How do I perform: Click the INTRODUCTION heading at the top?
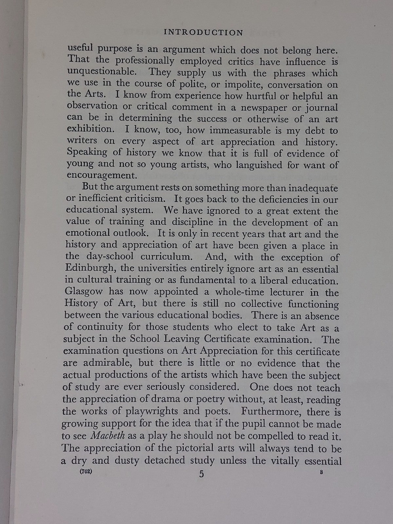tap(203, 32)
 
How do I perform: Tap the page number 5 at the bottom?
tap(201, 474)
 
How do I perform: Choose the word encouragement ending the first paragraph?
tap(102, 175)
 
